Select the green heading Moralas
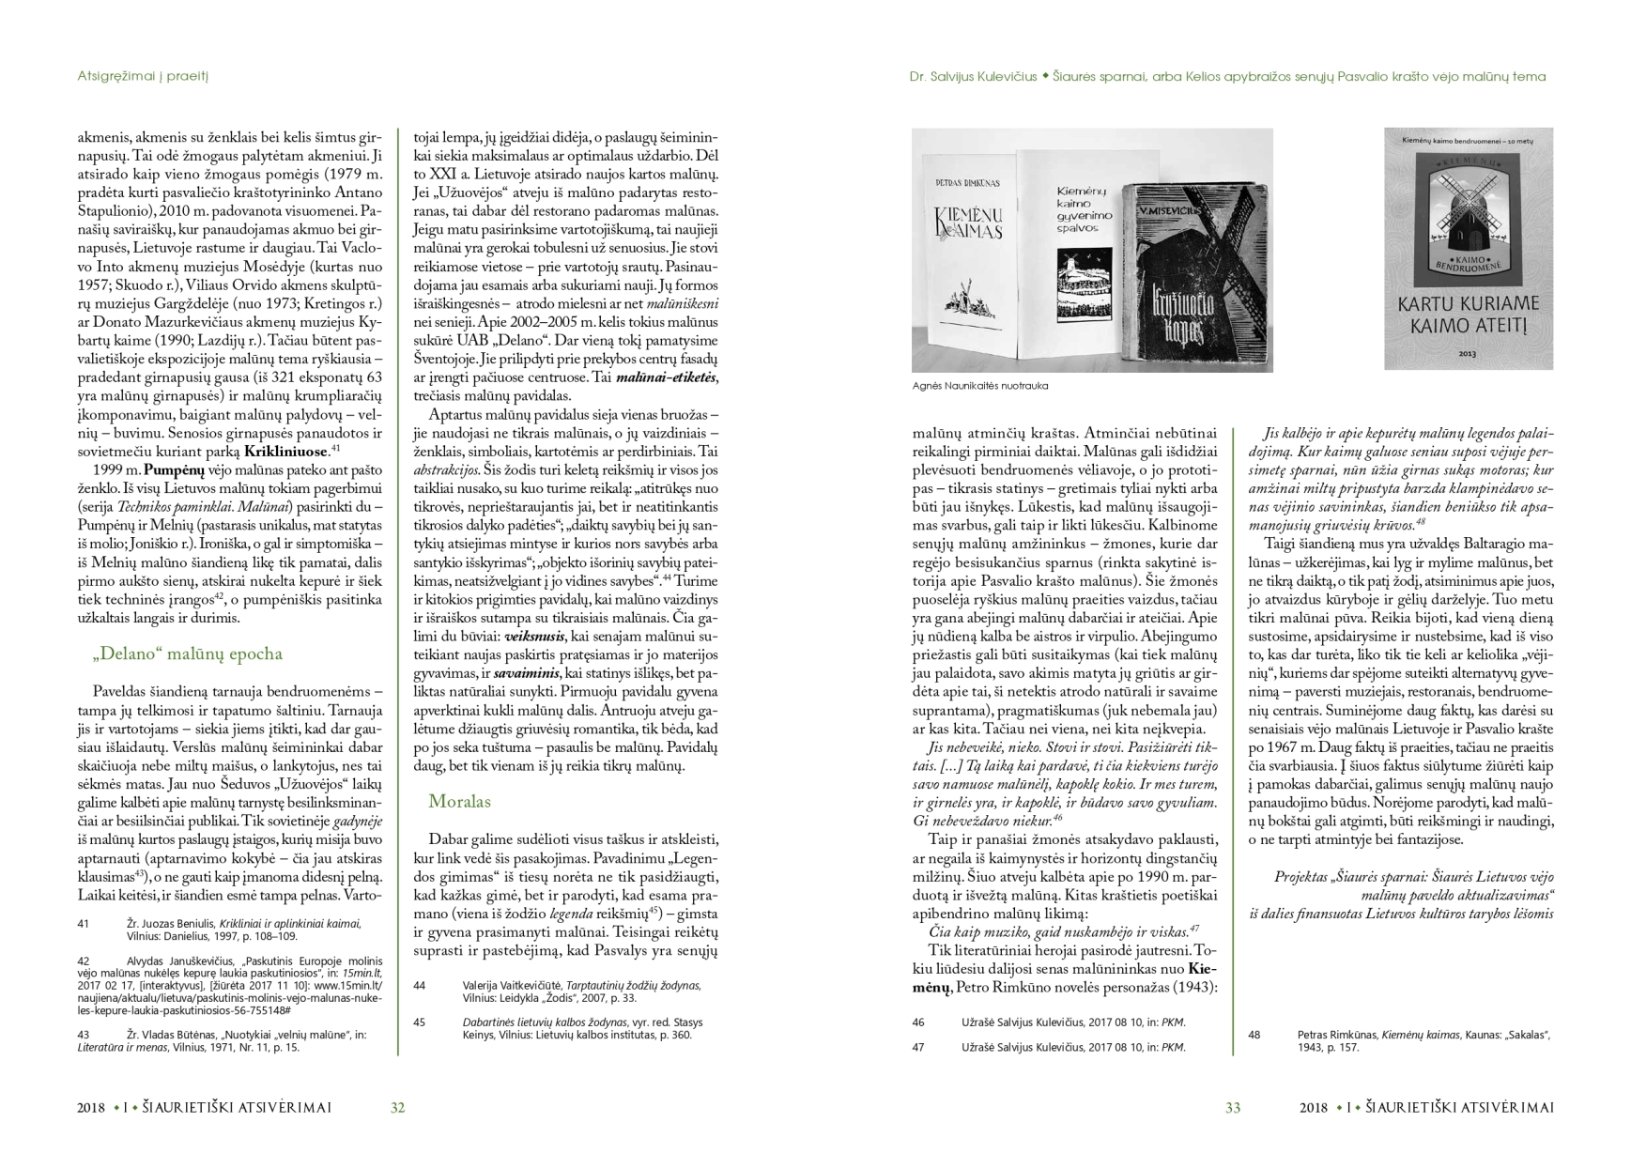pos(459,801)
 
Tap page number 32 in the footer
pos(397,1108)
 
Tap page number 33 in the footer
pos(1233,1108)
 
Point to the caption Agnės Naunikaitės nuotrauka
pos(980,386)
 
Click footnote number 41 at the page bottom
pos(83,924)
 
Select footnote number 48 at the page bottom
pos(1254,1035)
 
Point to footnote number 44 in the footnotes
pos(420,985)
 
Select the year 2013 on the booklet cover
pos(1468,355)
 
